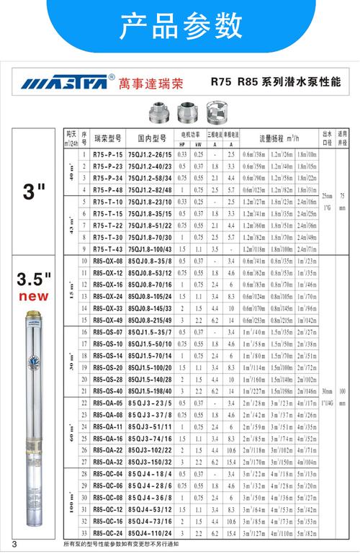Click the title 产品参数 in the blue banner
180,27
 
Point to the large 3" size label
33,192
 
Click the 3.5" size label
35,279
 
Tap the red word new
35,295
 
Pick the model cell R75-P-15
107,154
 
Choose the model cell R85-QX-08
107,260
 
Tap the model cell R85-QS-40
107,390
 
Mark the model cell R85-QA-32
107,460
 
